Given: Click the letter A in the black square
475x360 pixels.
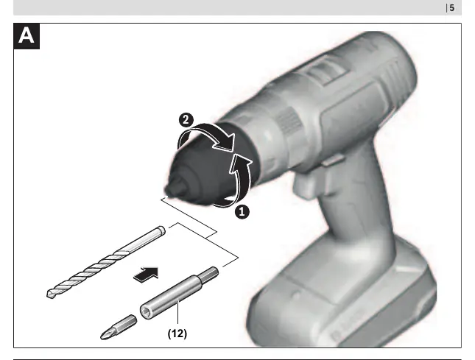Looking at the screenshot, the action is tap(26, 36).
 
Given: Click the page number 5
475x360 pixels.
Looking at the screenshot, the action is tap(451, 8).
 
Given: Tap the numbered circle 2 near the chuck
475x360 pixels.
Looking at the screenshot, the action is tap(186, 120).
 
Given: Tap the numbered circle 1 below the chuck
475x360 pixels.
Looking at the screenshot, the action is tap(242, 212).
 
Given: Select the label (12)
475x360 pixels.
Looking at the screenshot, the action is tap(177, 333).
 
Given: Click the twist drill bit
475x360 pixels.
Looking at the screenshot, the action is tap(106, 262).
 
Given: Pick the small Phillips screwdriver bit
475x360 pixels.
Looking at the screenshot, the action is tap(119, 327).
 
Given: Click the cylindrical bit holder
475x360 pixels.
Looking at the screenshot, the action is tap(179, 294).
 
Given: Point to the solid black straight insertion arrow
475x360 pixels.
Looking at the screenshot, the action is tap(147, 275).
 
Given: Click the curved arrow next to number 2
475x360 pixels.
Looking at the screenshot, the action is tap(209, 130).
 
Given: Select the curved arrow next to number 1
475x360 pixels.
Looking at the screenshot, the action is tap(242, 179).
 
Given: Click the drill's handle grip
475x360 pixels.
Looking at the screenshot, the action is tap(357, 206).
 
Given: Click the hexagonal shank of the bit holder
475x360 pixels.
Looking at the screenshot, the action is tap(210, 274).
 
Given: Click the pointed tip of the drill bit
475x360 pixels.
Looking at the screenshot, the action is tap(49, 294).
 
